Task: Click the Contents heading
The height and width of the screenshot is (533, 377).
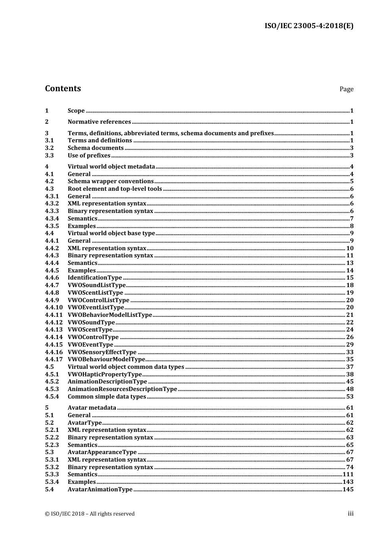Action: tap(63, 88)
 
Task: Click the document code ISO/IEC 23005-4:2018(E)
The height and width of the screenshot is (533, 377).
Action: tap(309, 26)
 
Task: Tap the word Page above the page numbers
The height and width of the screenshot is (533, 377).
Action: tap(346, 89)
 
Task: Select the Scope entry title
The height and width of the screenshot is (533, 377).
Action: tap(76, 111)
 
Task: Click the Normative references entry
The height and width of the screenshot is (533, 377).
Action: tap(99, 122)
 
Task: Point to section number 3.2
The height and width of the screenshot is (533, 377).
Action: tap(49, 148)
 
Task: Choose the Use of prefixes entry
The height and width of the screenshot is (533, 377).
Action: tap(89, 155)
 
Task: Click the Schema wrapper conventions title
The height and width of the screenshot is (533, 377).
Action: tap(110, 181)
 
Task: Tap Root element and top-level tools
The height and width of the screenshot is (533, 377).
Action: tap(115, 189)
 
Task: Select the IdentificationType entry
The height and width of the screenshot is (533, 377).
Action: tap(95, 278)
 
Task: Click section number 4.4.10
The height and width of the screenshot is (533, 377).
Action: tap(54, 307)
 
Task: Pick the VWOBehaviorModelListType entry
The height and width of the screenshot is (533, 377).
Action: tap(110, 315)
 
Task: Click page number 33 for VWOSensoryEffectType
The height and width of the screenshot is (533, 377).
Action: tap(350, 352)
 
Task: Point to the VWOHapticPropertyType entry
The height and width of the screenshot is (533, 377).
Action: tap(105, 374)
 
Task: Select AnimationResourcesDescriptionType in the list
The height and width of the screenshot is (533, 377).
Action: tap(122, 389)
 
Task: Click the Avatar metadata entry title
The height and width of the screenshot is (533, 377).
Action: tap(92, 408)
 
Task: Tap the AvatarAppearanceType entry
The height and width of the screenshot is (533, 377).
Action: tap(102, 452)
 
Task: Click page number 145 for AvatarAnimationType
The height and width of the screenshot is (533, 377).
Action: tap(348, 489)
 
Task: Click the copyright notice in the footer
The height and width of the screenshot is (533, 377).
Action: tap(90, 514)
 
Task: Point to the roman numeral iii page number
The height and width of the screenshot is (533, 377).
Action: tap(350, 514)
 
